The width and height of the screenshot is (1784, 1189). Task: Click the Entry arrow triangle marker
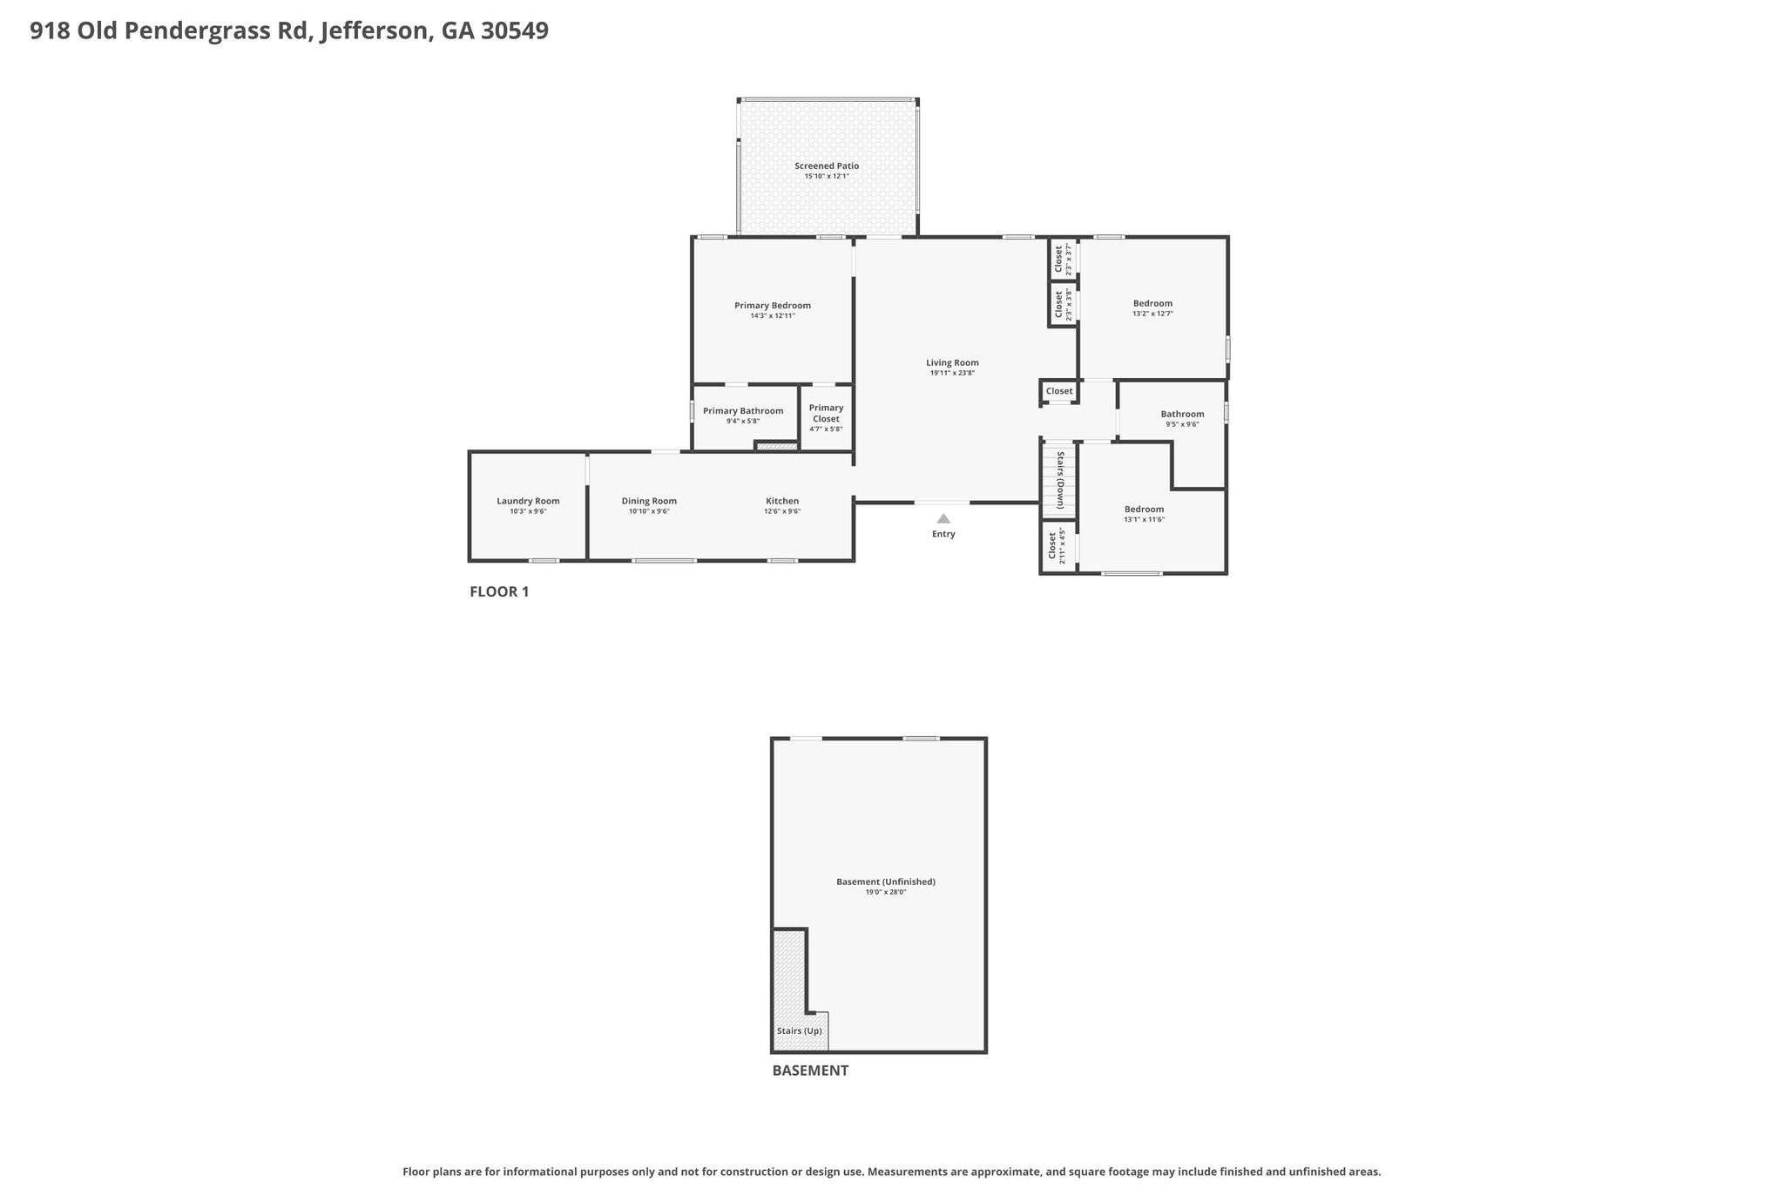click(x=943, y=518)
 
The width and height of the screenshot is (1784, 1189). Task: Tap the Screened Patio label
click(x=827, y=166)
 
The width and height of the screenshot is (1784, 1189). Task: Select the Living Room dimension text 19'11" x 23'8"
click(x=952, y=373)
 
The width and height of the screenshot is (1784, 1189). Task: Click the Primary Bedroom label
click(x=773, y=306)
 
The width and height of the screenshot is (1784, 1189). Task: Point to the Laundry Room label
click(x=528, y=501)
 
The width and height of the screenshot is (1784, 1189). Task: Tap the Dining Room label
click(x=649, y=501)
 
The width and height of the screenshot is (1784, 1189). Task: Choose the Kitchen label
click(x=782, y=501)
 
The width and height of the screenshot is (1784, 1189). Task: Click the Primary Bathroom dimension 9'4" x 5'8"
click(x=743, y=422)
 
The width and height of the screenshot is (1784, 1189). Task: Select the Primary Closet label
click(x=826, y=413)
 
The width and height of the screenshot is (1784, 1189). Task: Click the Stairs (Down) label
click(x=1060, y=480)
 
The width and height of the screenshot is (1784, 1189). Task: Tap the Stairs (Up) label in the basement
click(x=800, y=1031)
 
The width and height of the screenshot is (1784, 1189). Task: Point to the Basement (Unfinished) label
click(x=886, y=882)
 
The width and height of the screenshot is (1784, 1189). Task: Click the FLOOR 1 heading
click(x=499, y=591)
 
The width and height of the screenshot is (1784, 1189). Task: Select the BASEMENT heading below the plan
click(x=810, y=1071)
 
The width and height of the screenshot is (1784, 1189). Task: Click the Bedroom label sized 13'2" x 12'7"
click(x=1152, y=303)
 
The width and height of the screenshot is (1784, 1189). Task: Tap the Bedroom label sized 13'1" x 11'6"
click(x=1144, y=510)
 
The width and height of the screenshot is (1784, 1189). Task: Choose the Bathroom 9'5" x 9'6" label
click(x=1182, y=415)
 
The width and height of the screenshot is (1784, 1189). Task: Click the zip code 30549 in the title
click(x=515, y=31)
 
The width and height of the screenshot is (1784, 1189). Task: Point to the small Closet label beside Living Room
click(x=1059, y=391)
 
